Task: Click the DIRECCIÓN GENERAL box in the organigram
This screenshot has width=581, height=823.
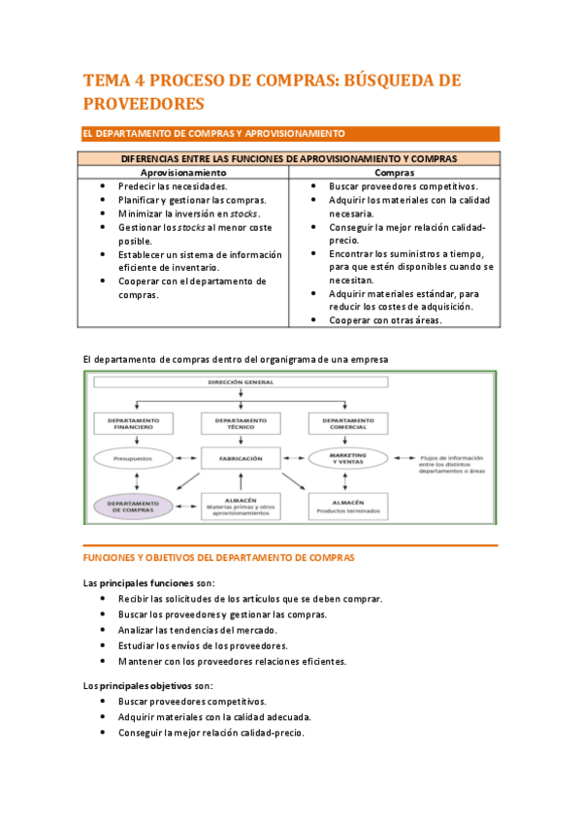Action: click(x=241, y=383)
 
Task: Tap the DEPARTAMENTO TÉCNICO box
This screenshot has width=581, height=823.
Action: click(x=241, y=422)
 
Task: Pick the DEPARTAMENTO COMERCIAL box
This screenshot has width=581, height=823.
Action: click(x=347, y=422)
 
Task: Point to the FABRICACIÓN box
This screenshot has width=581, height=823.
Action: click(x=241, y=458)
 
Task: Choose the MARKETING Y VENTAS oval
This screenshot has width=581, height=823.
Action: click(x=347, y=458)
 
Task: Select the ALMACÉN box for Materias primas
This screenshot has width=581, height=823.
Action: click(x=241, y=505)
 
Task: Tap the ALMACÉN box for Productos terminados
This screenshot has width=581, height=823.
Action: click(x=347, y=505)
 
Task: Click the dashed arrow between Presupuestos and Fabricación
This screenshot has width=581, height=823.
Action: click(x=187, y=457)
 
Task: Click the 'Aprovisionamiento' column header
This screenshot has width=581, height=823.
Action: click(x=183, y=172)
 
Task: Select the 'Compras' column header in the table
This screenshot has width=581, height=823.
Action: click(x=395, y=172)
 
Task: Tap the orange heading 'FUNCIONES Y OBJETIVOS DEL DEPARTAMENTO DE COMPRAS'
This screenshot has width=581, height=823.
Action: click(x=218, y=558)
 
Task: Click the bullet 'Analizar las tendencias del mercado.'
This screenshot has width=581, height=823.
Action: click(x=197, y=630)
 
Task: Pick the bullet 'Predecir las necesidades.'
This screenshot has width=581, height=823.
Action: click(x=173, y=186)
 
